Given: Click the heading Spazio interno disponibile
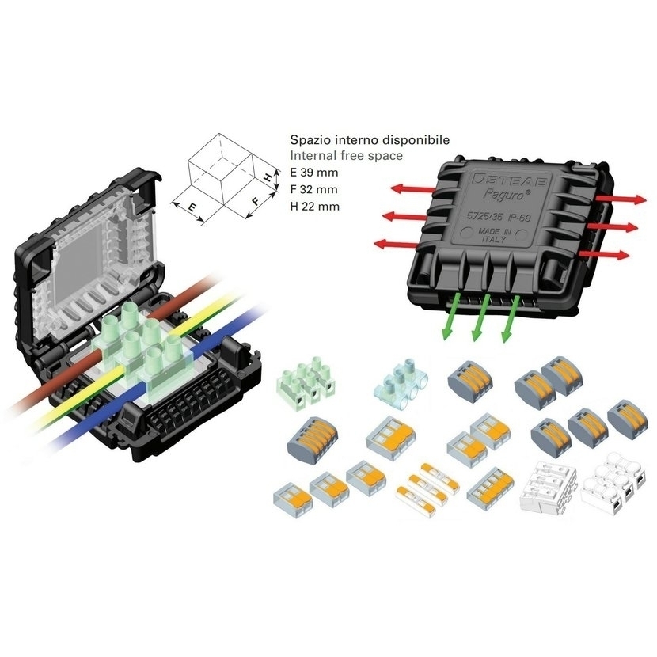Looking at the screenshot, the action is pyautogui.click(x=370, y=139).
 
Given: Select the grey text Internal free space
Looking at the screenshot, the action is pyautogui.click(x=346, y=155).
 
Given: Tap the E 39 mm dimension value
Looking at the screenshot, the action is pyautogui.click(x=313, y=173).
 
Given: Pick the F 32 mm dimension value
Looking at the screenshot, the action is pyautogui.click(x=313, y=189).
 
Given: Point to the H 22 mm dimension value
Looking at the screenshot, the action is pyautogui.click(x=314, y=207).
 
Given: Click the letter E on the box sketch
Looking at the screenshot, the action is pyautogui.click(x=192, y=207).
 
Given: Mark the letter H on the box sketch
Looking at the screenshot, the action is pyautogui.click(x=267, y=177).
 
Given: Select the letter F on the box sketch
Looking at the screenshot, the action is pyautogui.click(x=255, y=202).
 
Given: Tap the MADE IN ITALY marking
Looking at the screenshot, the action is pyautogui.click(x=495, y=235).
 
